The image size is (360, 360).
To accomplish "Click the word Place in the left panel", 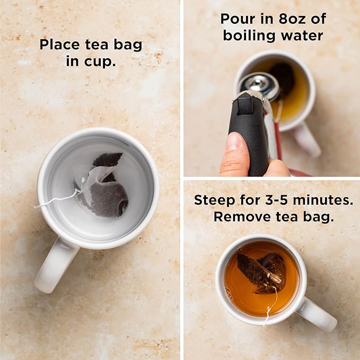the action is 60,45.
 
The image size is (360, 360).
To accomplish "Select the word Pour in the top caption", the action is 238,19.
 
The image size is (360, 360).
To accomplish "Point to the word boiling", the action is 249,36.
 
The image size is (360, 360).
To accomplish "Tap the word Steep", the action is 214,200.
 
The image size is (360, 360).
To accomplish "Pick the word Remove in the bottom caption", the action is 242,216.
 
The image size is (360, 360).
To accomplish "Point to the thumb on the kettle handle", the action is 234,154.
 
